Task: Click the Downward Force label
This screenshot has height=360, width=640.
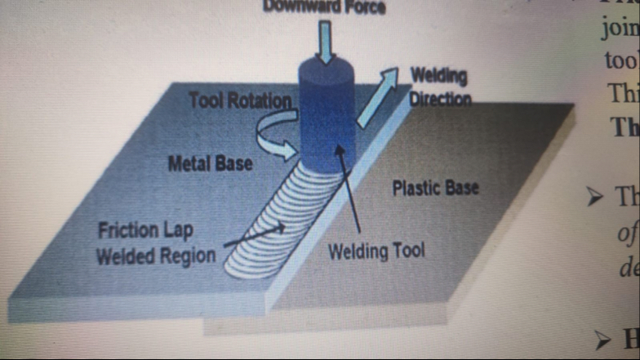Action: (324, 7)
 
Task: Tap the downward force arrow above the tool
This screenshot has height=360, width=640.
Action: (326, 41)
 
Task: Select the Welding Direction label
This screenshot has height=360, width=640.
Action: (439, 87)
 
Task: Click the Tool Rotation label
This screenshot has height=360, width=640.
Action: (240, 101)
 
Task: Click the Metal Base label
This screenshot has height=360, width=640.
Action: (210, 163)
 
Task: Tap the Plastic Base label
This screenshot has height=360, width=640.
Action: (435, 189)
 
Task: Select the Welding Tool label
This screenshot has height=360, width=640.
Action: (376, 251)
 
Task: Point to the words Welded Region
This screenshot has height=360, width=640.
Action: (155, 256)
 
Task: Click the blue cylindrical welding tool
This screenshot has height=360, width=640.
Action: (327, 114)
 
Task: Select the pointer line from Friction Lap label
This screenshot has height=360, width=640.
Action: (249, 238)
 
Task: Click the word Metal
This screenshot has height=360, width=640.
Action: (187, 163)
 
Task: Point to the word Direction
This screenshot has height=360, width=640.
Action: (441, 99)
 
